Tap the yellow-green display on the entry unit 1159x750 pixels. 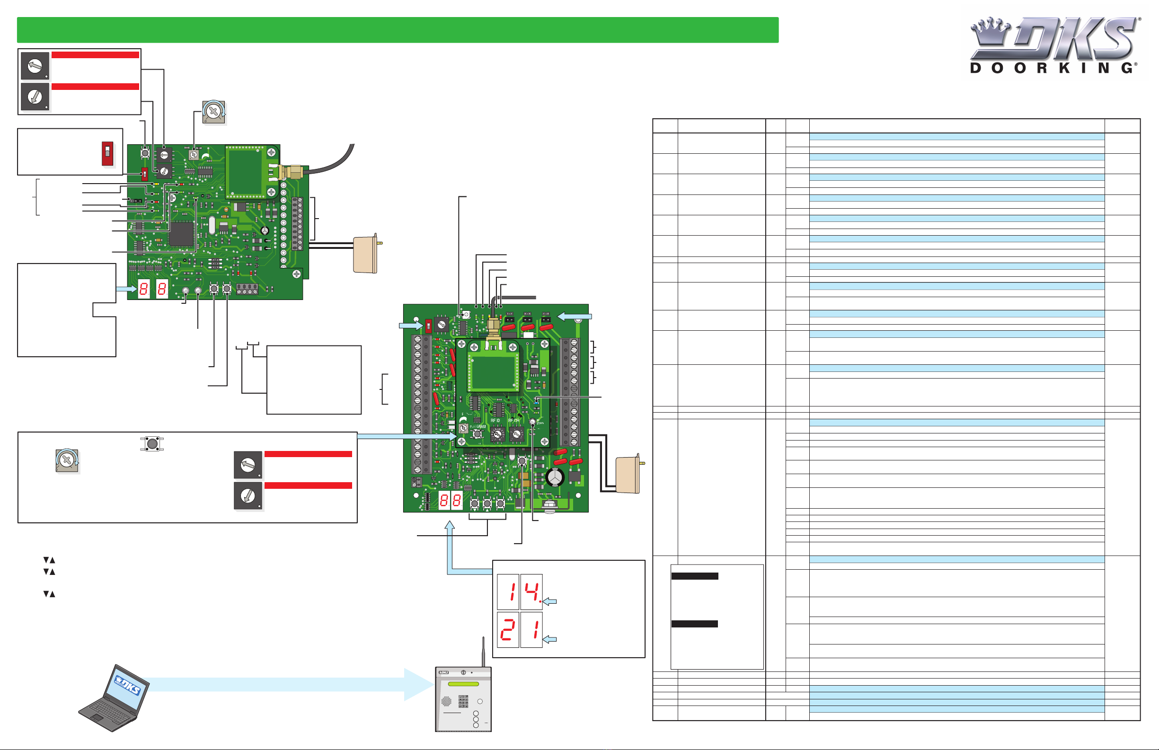tap(463, 684)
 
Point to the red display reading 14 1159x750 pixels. tap(520, 592)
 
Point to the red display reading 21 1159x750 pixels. tap(520, 630)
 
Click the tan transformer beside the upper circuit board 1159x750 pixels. tap(366, 255)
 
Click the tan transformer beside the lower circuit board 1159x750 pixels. tap(628, 475)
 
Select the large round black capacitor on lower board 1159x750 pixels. tap(555, 477)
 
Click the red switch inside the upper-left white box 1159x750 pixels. tap(107, 153)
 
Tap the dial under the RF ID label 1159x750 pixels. tap(497, 433)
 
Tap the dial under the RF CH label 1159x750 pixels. tap(516, 433)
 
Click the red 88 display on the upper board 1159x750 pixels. tap(152, 289)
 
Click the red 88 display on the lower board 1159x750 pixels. tap(451, 501)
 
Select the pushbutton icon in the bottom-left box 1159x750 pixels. tap(152, 444)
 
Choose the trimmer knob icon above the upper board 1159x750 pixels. tap(213, 112)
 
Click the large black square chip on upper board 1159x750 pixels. tap(181, 233)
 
